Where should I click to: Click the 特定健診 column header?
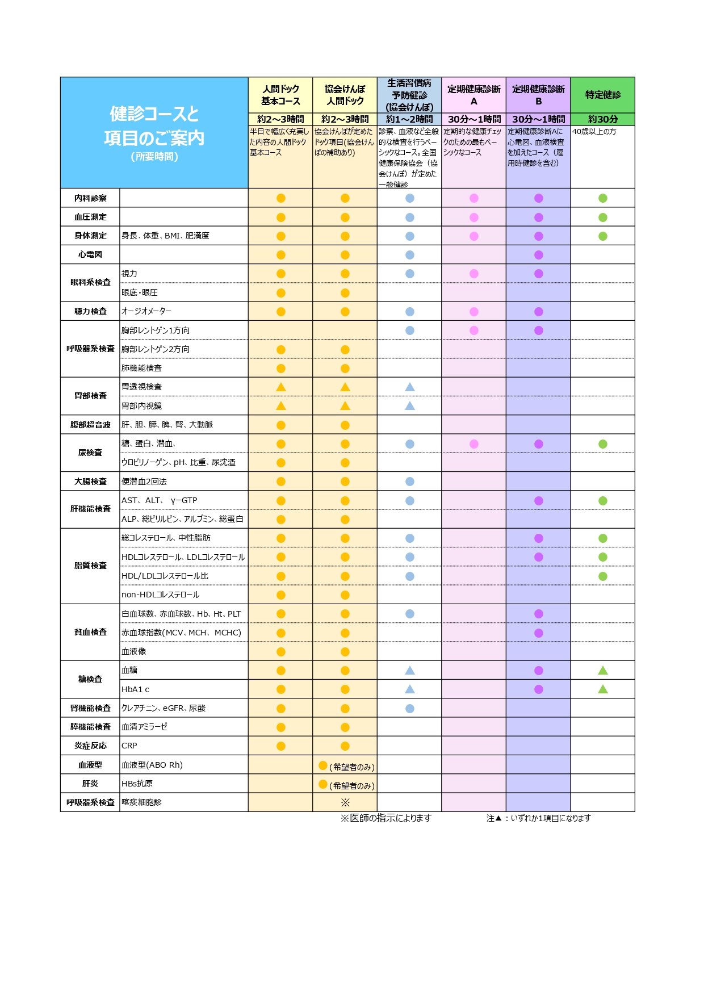602,95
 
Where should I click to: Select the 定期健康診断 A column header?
473,95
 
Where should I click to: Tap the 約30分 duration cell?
602,119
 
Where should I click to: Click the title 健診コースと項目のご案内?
154,126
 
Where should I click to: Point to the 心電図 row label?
90,254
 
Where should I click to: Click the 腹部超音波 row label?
90,425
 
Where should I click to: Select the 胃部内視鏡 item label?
141,405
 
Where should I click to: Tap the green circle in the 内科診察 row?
602,198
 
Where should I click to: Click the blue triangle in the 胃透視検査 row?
409,387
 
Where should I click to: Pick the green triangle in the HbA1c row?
602,689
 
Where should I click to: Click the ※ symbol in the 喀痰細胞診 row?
345,802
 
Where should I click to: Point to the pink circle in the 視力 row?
473,274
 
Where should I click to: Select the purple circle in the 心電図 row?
538,255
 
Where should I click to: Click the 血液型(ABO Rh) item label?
152,765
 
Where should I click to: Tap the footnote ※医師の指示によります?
386,818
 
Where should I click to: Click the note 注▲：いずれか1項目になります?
538,818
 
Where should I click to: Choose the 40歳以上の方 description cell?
594,132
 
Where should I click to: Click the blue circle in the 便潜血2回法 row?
409,482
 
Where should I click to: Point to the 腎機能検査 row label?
90,708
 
